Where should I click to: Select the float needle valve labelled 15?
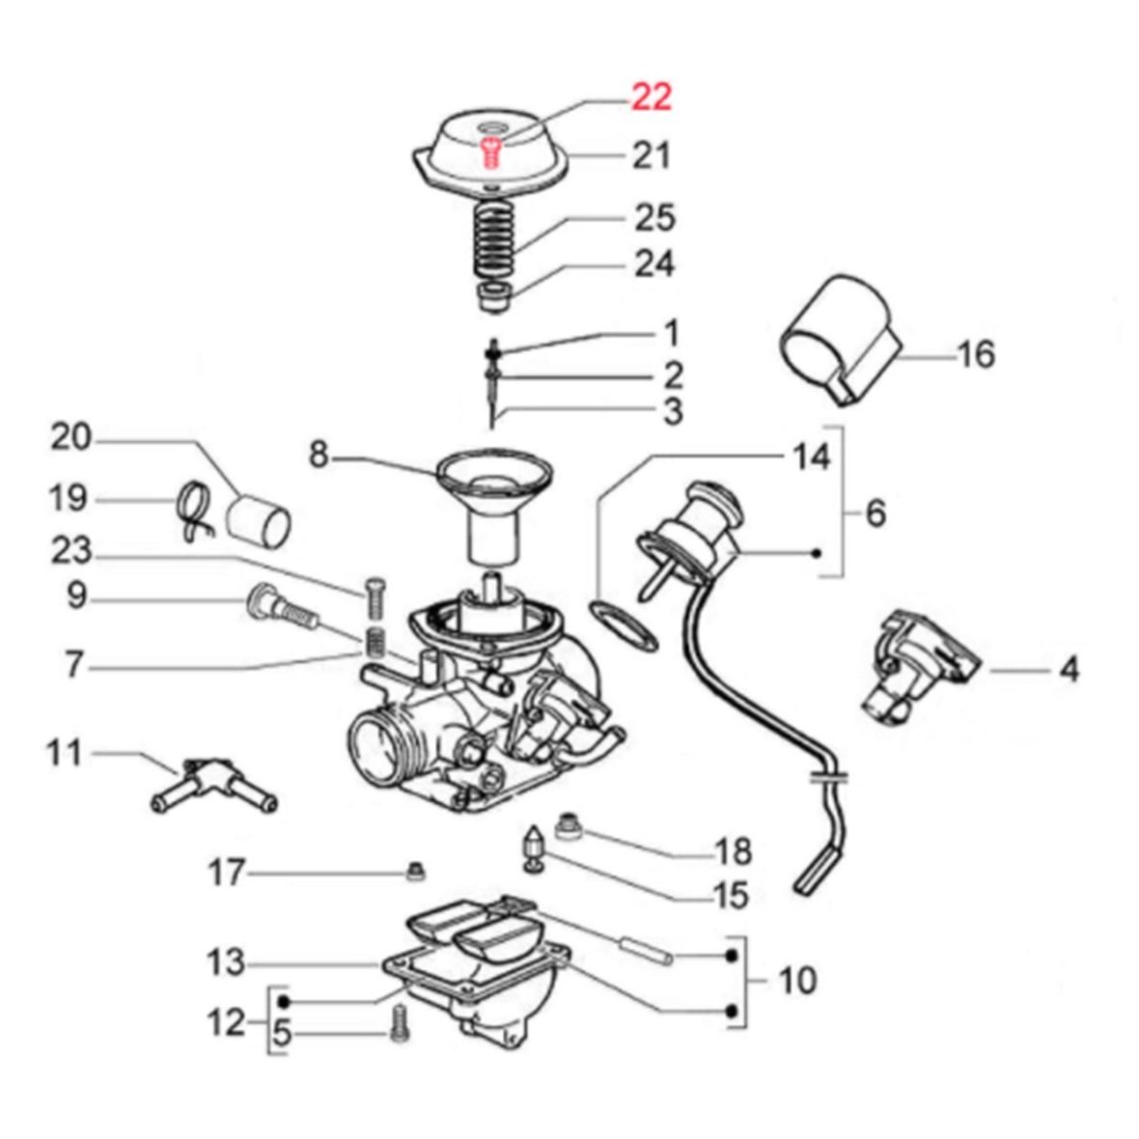[532, 847]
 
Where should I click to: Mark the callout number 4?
[1069, 668]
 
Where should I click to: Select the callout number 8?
[319, 453]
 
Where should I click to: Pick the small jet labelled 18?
[570, 827]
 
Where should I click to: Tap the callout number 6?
[875, 513]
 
